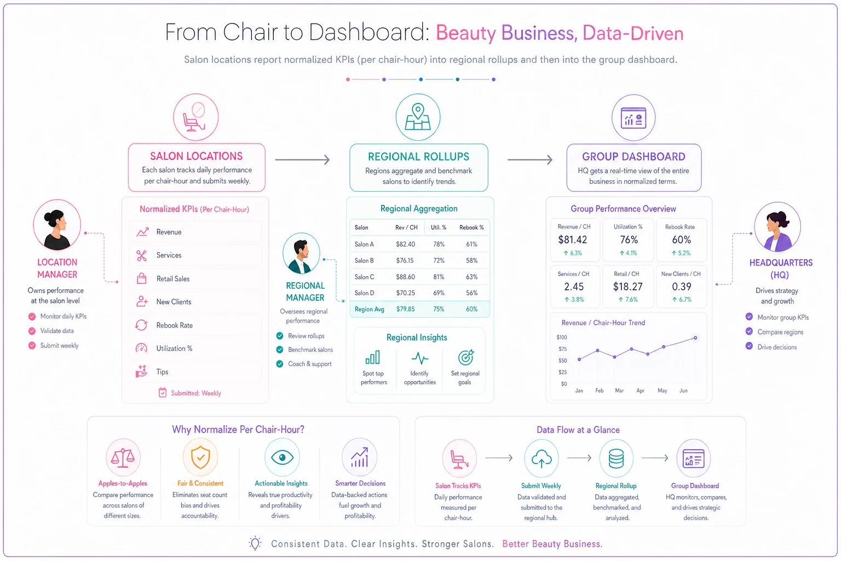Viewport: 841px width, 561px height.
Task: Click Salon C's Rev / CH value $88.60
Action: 405,277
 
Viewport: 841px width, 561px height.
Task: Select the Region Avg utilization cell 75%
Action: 439,309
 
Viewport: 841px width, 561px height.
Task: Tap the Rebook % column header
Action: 471,227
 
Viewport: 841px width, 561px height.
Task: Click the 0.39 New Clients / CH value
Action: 682,287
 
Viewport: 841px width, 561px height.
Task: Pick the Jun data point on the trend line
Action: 695,338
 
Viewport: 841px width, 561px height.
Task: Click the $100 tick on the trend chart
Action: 562,337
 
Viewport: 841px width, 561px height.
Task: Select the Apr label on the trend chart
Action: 640,391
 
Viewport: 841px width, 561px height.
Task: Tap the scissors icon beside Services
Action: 142,255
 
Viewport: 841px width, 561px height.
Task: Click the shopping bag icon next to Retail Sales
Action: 142,278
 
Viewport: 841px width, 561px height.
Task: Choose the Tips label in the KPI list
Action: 162,371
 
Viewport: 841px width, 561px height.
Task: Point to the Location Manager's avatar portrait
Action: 57,225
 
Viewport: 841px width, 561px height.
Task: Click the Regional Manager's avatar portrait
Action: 301,253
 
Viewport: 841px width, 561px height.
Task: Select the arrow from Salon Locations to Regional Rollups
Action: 302,159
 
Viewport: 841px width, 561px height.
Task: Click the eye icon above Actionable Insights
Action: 283,457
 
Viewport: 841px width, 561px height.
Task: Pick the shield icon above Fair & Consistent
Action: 200,457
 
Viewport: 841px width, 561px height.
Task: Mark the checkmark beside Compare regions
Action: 749,331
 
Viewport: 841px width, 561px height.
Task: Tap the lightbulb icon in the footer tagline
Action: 255,543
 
